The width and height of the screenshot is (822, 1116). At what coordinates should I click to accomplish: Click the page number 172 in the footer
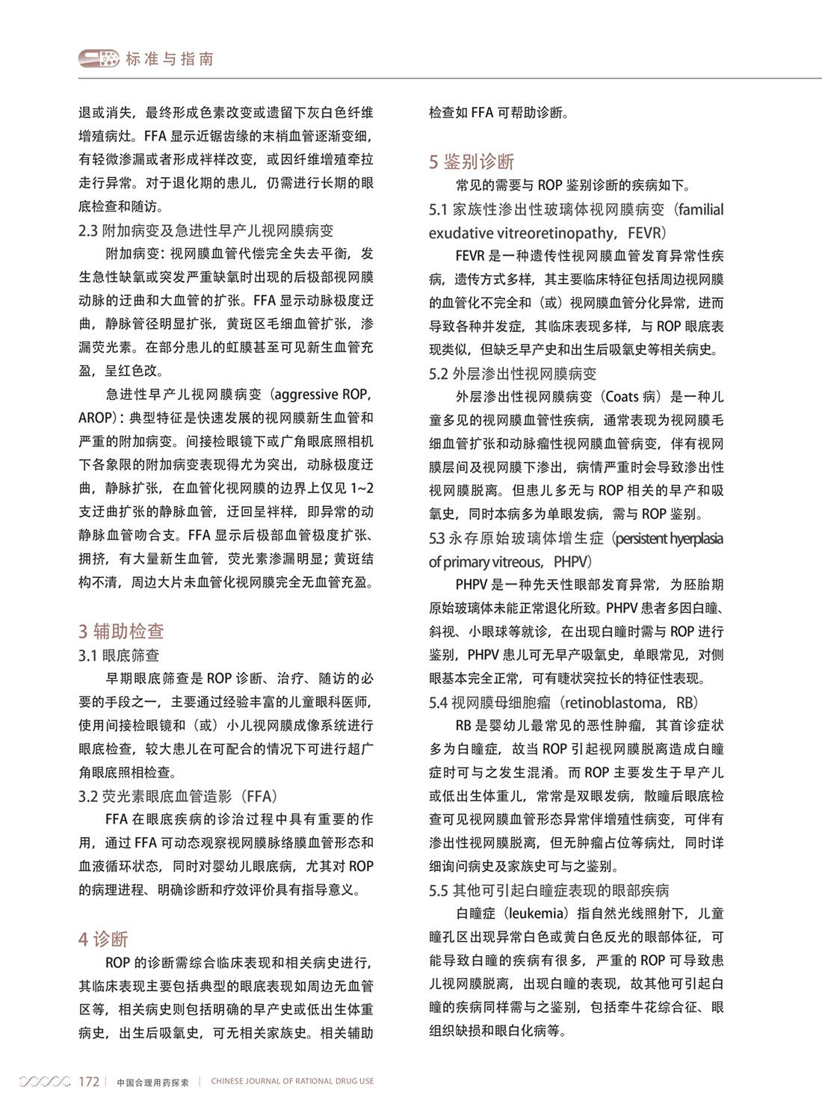(x=89, y=1082)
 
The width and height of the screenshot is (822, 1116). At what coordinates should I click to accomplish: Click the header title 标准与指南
(x=170, y=59)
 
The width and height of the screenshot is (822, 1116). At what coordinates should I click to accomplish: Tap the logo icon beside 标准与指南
(x=99, y=58)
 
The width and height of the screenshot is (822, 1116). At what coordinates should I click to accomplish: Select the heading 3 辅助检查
(x=121, y=631)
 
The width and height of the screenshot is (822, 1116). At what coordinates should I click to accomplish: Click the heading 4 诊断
(x=103, y=939)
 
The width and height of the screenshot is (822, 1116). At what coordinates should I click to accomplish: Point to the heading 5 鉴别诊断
(x=472, y=161)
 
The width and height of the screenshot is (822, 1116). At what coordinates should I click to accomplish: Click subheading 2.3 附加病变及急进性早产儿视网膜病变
(x=206, y=230)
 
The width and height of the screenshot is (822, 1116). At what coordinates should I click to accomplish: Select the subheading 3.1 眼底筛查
(x=119, y=656)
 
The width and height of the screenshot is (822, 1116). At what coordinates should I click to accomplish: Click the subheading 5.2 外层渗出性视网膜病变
(x=513, y=374)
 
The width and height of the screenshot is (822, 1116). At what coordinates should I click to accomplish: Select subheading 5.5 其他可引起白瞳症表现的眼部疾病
(x=549, y=890)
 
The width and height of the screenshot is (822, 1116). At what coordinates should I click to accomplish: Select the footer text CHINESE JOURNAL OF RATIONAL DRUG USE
(x=292, y=1082)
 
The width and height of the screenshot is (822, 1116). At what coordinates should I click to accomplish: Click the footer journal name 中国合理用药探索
(x=153, y=1082)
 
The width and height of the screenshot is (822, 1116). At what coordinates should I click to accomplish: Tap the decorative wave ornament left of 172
(x=45, y=1082)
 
